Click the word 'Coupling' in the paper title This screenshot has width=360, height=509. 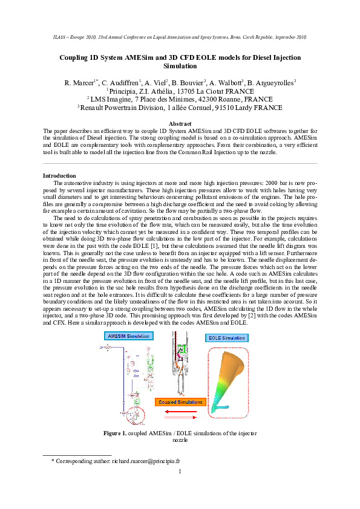[75, 57]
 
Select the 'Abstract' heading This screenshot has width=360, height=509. [180, 123]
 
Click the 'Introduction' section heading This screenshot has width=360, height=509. [59, 175]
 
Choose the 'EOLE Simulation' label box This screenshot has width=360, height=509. [227, 337]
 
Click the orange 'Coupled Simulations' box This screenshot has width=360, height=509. [180, 401]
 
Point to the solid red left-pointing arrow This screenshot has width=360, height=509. [180, 410]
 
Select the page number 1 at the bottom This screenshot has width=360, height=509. [180, 472]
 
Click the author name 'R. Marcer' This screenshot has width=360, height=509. [78, 82]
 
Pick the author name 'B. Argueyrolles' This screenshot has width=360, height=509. [270, 82]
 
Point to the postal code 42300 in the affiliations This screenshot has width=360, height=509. [196, 99]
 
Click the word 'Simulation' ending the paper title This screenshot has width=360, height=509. [180, 66]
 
